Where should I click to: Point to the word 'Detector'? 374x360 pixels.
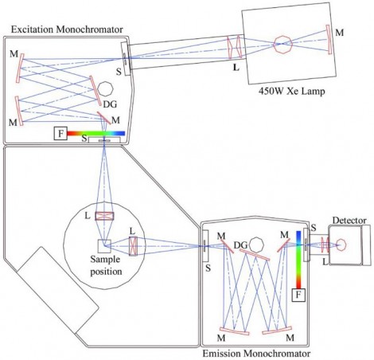pyautogui.click(x=347, y=219)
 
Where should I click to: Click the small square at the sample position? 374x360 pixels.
pyautogui.click(x=104, y=245)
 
